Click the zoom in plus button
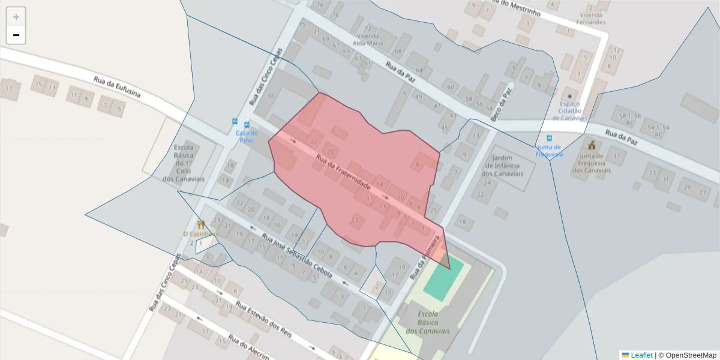pyautogui.click(x=16, y=17)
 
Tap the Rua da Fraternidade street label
pyautogui.click(x=343, y=175)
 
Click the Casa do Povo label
pyautogui.click(x=246, y=136)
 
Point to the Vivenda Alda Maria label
pyautogui.click(x=367, y=35)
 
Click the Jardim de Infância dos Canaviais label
pyautogui.click(x=502, y=166)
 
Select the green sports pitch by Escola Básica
pyautogui.click(x=443, y=279)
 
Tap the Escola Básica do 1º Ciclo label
pyautogui.click(x=188, y=163)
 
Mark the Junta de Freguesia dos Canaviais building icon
pyautogui.click(x=592, y=145)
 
